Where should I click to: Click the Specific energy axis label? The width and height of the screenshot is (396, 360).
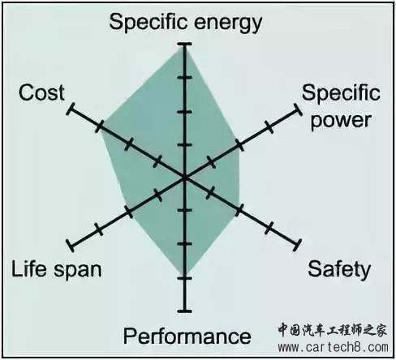(186, 23)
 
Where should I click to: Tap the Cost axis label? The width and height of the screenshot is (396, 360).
(41, 92)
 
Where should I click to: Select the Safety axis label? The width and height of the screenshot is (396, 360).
(339, 269)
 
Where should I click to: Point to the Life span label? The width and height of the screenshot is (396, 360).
(57, 269)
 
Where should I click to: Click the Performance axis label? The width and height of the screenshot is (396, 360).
(187, 336)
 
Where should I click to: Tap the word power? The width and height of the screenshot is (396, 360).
(341, 120)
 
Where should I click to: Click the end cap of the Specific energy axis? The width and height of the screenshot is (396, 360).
(185, 44)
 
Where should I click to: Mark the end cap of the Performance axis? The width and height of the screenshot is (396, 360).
(185, 311)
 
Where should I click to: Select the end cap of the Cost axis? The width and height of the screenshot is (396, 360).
(71, 109)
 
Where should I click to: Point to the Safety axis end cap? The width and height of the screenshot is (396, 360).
(297, 246)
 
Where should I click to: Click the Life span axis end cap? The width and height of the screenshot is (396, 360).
(71, 246)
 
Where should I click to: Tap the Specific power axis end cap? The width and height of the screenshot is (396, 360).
(297, 109)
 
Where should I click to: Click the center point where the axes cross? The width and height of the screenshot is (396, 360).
(185, 178)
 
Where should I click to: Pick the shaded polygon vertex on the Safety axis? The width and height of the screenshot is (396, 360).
(239, 209)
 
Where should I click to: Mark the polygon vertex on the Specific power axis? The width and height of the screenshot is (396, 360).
(239, 145)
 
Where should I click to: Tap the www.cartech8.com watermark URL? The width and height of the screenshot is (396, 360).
(334, 347)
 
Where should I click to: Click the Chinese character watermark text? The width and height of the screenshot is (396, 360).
(333, 330)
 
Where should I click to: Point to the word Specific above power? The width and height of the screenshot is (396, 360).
(341, 93)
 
